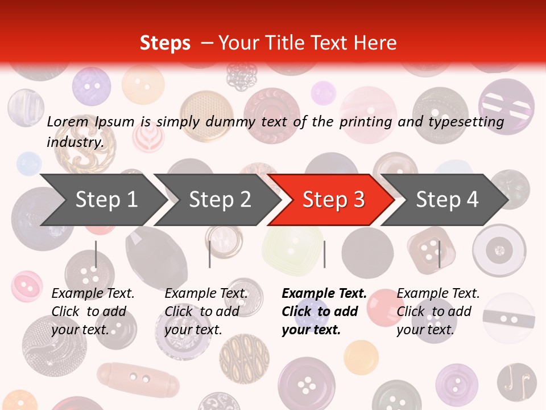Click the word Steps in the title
coord(165,43)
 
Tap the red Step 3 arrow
coord(333,200)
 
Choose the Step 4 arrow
coord(447,200)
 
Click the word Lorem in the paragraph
coord(67,122)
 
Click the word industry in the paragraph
coord(75,142)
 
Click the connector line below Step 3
coord(324,254)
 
